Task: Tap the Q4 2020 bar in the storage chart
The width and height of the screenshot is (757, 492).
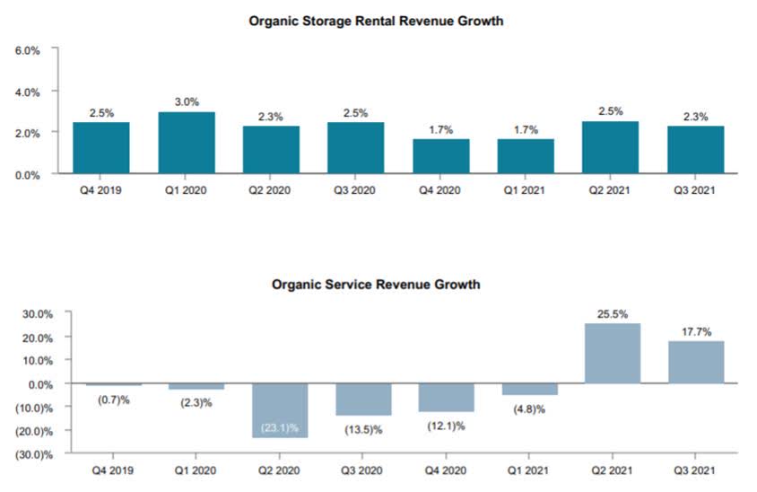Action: point(440,156)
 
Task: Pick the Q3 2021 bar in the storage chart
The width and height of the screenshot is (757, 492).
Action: point(695,150)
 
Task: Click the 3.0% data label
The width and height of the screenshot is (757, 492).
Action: point(186,102)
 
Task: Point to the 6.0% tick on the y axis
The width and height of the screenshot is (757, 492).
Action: point(27,51)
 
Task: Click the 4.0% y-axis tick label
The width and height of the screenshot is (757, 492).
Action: point(27,92)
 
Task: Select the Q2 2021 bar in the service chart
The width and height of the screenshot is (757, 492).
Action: point(611,354)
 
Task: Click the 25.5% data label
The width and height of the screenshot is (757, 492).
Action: point(611,314)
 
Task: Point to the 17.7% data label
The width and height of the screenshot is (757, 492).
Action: point(695,332)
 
